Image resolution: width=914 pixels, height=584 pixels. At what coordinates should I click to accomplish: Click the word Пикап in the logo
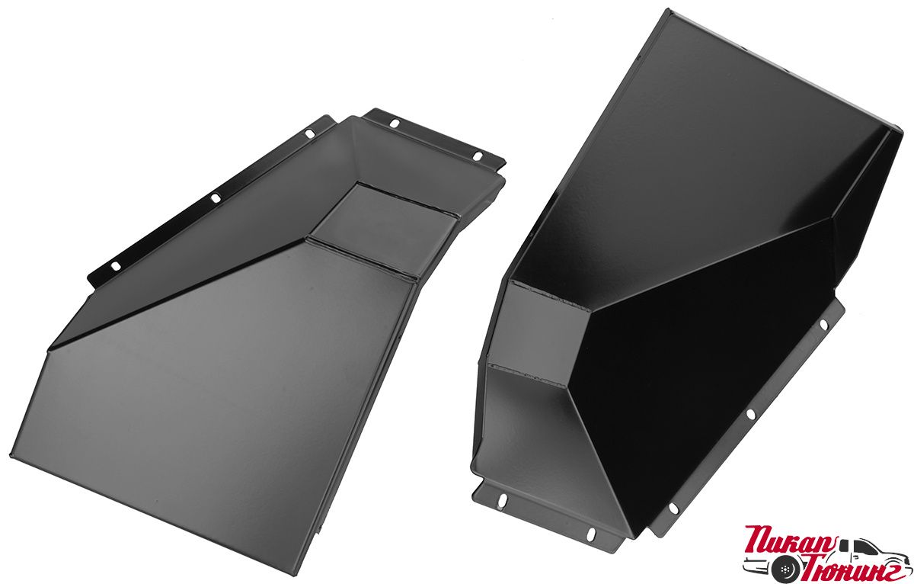[791, 540]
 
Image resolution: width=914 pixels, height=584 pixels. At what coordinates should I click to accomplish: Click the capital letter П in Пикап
[758, 540]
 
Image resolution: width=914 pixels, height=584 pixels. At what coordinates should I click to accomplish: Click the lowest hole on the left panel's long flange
[117, 266]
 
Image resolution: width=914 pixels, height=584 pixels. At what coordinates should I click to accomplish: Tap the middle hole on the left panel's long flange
[215, 198]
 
